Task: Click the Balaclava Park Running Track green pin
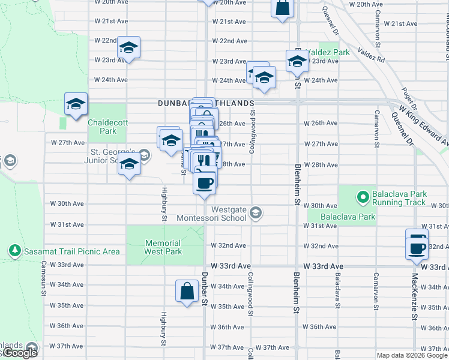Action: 363,196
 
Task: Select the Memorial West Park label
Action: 163,248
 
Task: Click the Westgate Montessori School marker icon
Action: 256,214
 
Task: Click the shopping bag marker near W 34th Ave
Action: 187,292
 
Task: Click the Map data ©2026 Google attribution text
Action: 412,355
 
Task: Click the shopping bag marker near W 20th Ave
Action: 282,8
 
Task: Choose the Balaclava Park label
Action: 348,217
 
